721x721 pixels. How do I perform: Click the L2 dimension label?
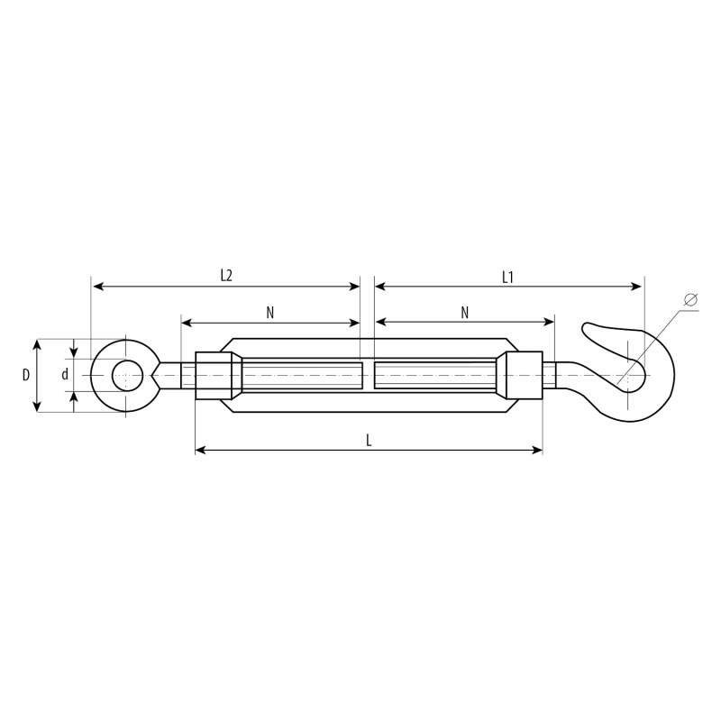click(226, 276)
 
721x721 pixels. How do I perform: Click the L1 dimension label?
click(507, 278)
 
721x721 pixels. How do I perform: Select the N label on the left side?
click(269, 313)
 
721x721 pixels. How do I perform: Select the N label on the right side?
click(465, 313)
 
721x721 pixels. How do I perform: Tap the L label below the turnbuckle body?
click(369, 441)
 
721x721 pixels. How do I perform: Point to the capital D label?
click(26, 375)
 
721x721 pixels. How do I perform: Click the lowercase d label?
click(65, 375)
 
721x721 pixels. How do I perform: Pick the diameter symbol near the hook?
click(690, 299)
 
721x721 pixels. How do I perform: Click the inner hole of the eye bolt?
click(127, 376)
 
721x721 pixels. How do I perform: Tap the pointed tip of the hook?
click(585, 327)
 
